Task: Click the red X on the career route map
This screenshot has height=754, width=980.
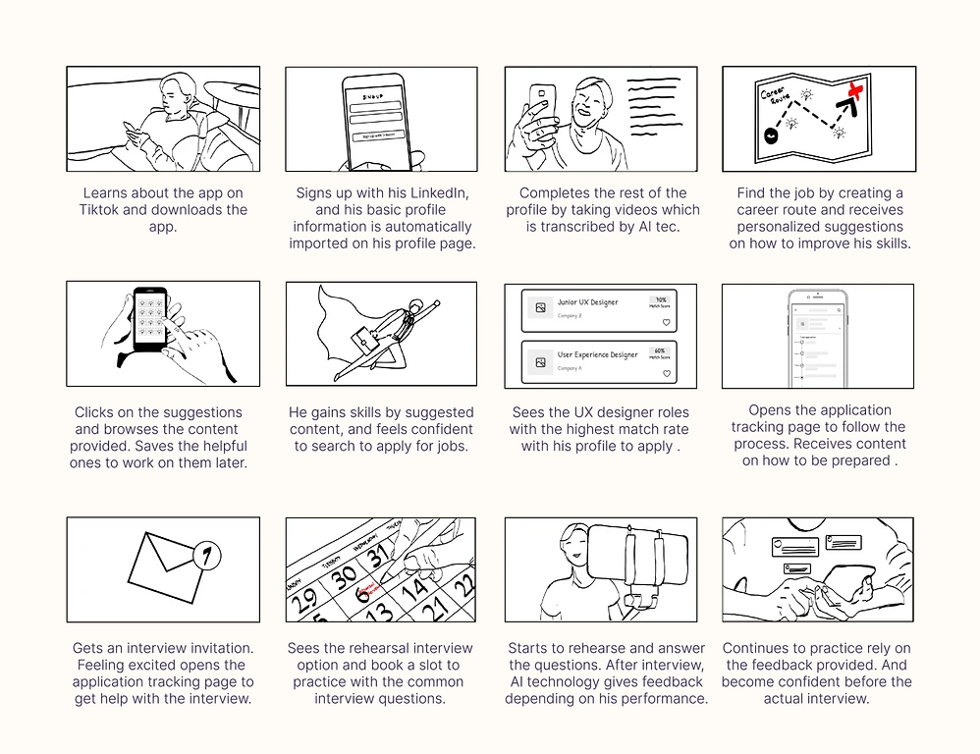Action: point(855,90)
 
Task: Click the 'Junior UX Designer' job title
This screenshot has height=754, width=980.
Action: point(587,302)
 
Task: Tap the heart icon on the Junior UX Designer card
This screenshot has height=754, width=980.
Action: point(667,322)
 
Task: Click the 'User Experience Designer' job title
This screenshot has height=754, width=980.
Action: point(597,354)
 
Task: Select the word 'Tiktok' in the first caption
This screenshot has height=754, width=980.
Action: point(102,210)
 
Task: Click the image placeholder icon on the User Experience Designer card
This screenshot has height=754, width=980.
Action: point(539,361)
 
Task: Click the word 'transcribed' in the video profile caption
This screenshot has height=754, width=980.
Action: point(572,227)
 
